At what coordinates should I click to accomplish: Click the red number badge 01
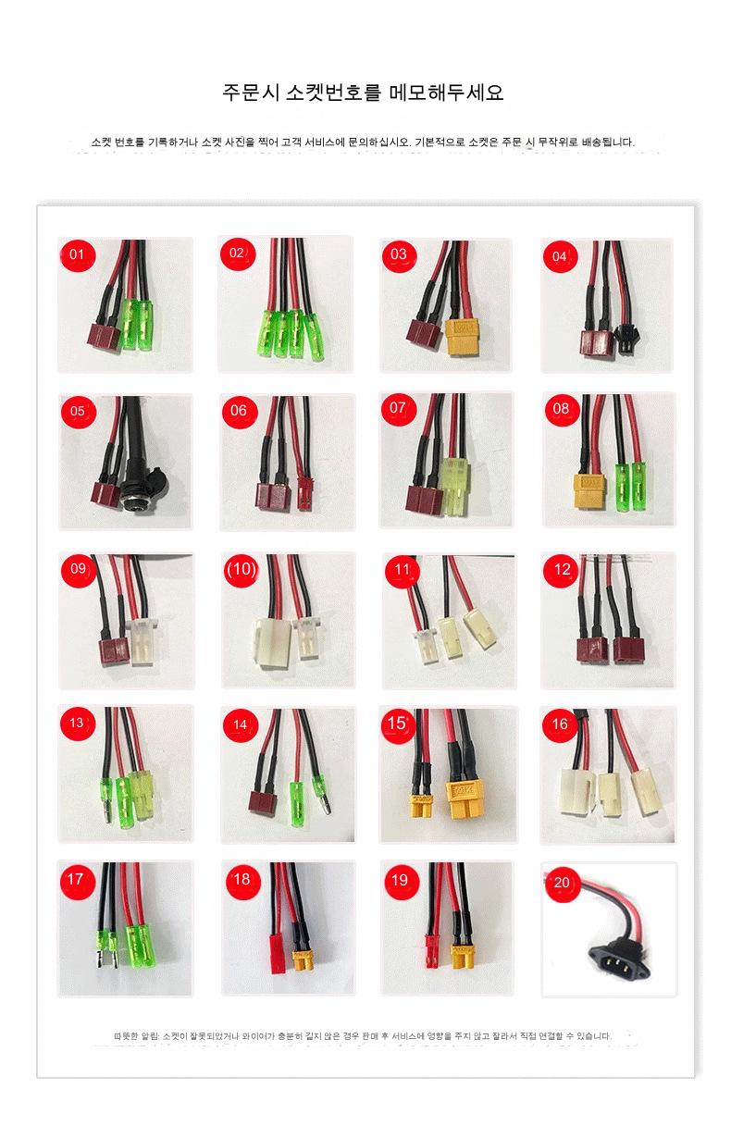click(x=77, y=254)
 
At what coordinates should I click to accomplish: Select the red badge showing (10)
click(x=242, y=570)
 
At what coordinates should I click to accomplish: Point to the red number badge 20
click(x=562, y=883)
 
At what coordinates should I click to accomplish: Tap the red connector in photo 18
click(x=279, y=954)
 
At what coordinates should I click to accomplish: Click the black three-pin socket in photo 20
click(x=620, y=959)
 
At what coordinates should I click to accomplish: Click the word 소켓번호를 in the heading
click(x=331, y=92)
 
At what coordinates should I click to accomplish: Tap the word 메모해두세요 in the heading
click(x=446, y=92)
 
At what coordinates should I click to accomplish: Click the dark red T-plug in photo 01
click(x=104, y=334)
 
